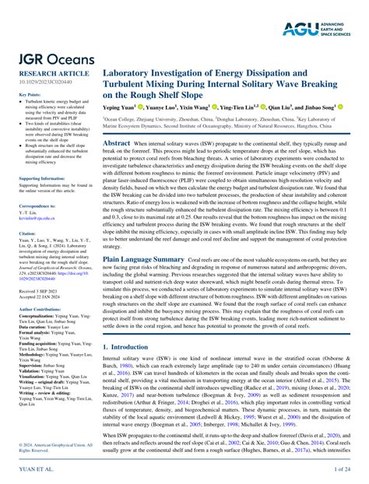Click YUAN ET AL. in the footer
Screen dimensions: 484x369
click(x=29, y=471)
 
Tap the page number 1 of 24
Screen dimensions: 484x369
click(x=346, y=471)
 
